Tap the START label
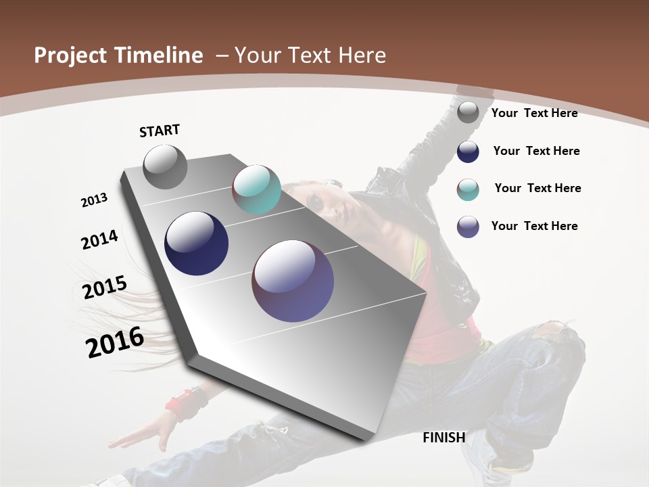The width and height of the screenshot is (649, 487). coord(160,131)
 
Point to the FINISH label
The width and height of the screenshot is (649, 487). coord(444,438)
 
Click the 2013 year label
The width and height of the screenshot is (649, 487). coord(95,200)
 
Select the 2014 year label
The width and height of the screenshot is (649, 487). coord(100,240)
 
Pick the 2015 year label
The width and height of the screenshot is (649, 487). coord(105,287)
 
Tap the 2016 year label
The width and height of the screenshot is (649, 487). coord(115,342)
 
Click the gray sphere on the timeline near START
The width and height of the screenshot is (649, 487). coord(166,167)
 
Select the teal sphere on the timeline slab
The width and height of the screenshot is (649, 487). coord(256,189)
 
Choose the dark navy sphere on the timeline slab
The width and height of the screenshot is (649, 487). coord(197,243)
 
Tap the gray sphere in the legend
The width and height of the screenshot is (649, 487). coord(468,113)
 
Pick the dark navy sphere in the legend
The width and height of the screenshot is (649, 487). coord(468,152)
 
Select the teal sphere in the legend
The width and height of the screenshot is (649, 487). coord(468,189)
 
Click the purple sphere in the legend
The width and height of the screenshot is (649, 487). coord(468,227)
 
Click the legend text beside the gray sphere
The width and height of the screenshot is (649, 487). coord(534,113)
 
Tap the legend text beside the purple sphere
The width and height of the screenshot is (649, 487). coord(534,226)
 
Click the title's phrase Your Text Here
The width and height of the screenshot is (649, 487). coord(310,55)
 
